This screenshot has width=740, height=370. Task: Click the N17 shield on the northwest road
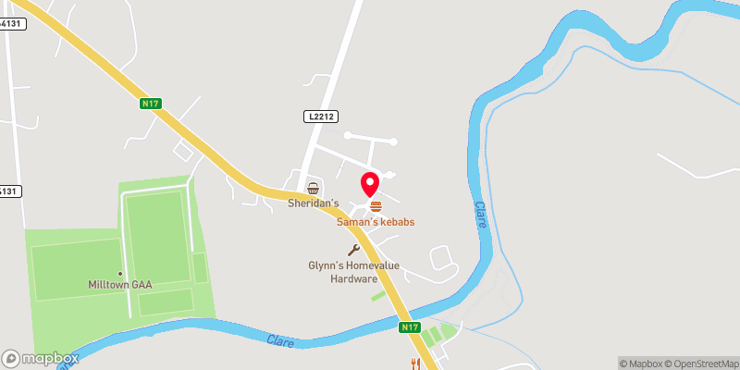(152, 104)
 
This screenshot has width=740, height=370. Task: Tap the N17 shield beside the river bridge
(412, 327)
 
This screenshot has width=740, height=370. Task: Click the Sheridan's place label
(313, 203)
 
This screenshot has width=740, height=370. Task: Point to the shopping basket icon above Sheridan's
(313, 188)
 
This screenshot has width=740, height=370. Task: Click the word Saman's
(358, 222)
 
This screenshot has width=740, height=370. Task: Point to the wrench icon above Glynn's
(353, 250)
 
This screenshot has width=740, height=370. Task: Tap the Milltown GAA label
(121, 284)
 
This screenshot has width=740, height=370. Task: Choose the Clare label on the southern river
(280, 341)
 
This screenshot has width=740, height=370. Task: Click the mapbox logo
(41, 358)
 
